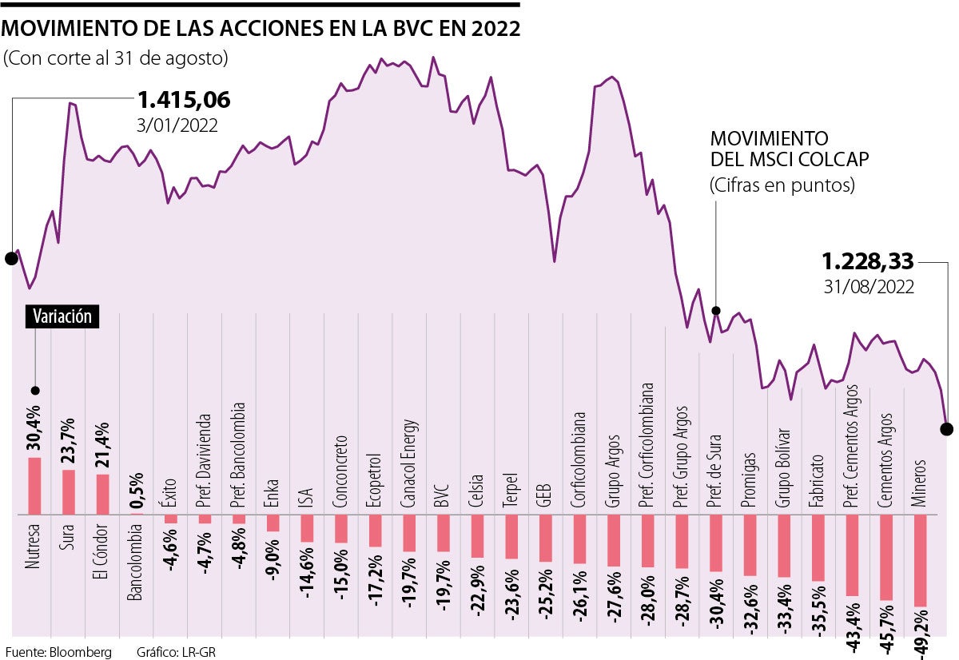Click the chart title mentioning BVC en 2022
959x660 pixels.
click(261, 30)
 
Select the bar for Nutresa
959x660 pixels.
click(34, 485)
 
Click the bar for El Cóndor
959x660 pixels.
click(103, 494)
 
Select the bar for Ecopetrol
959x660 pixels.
click(375, 531)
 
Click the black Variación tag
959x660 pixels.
click(62, 316)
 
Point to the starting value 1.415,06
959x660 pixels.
click(184, 101)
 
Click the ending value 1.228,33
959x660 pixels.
click(868, 261)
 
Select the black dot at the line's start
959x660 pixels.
click(10, 258)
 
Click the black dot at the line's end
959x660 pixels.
click(947, 429)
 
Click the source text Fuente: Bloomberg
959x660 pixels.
click(58, 651)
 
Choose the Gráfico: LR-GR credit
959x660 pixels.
click(176, 651)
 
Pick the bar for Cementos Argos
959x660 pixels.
click(885, 557)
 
